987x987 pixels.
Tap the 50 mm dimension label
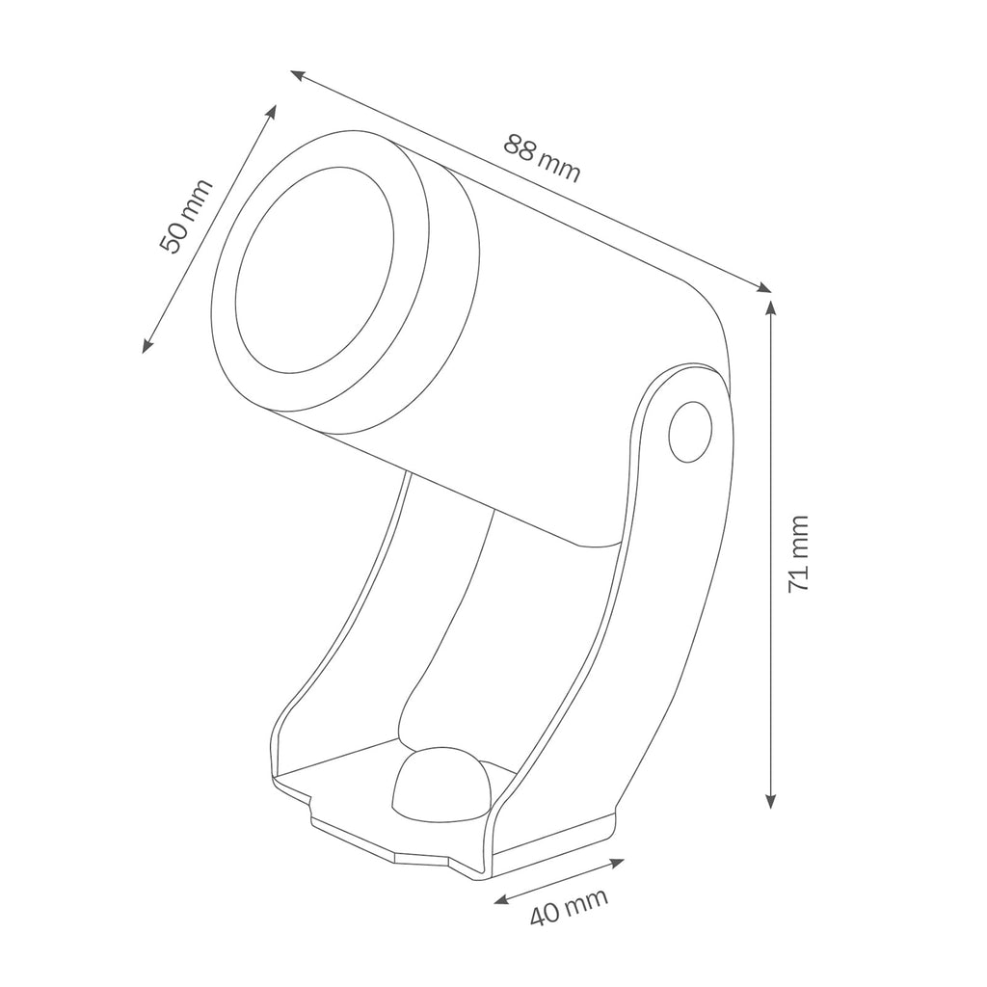(x=186, y=217)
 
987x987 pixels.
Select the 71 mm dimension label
(x=798, y=553)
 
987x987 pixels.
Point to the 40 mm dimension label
(x=569, y=906)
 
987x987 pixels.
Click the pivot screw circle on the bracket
(x=690, y=432)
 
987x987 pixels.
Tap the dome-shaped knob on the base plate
(x=441, y=785)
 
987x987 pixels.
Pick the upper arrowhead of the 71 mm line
(x=770, y=307)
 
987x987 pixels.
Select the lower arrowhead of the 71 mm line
(x=770, y=801)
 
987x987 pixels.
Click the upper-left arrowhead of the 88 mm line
(x=298, y=75)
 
